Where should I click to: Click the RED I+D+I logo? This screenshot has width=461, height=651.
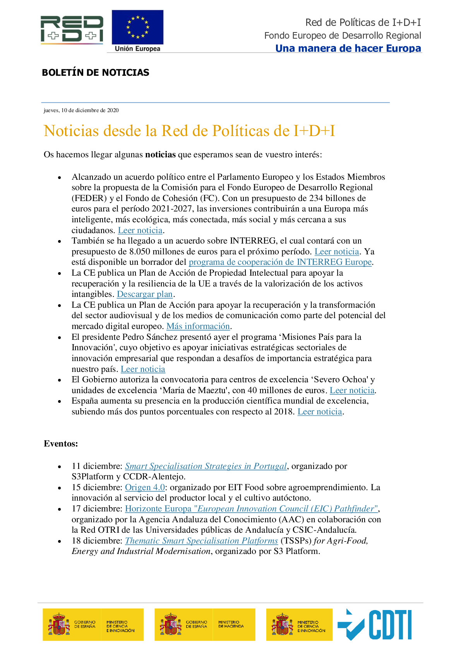tap(72, 29)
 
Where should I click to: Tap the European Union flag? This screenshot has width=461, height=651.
tap(137, 27)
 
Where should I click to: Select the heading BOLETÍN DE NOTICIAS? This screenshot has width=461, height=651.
tap(95, 73)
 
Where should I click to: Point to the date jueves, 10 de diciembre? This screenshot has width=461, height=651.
tap(81, 110)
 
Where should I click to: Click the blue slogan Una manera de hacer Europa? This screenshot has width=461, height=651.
tap(348, 48)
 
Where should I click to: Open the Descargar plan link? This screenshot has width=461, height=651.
tap(144, 294)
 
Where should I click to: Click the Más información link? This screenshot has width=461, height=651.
tap(198, 326)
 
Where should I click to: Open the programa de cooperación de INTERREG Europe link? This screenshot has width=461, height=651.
tap(280, 262)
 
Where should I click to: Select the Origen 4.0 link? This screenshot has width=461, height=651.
tap(145, 487)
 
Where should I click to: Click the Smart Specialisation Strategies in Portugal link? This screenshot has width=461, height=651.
tap(206, 466)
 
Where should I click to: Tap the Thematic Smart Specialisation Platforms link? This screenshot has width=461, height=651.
tap(201, 541)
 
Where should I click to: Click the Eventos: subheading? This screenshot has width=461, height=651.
tap(61, 444)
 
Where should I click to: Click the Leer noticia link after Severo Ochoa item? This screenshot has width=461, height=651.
tap(352, 390)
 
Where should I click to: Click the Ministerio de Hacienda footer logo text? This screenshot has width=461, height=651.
tap(231, 624)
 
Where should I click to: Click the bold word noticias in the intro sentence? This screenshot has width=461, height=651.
tap(160, 155)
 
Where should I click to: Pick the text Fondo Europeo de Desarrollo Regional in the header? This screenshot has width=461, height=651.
tap(342, 36)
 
